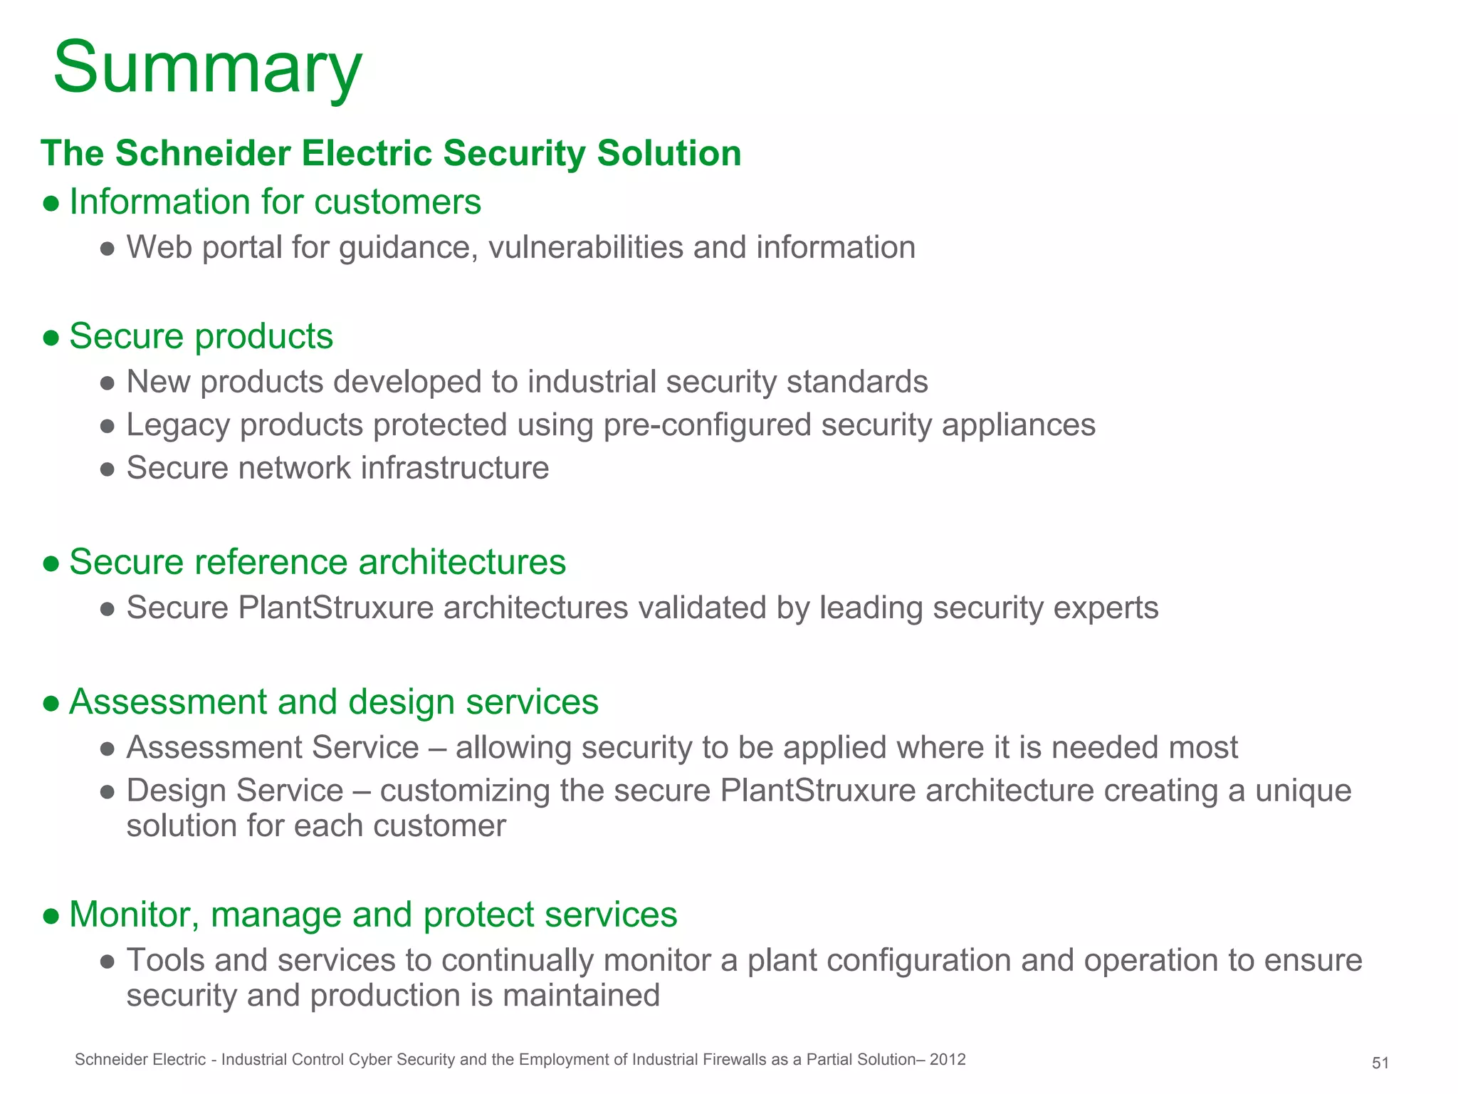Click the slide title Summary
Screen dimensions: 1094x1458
tap(207, 68)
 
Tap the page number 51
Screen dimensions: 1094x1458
tap(1380, 1063)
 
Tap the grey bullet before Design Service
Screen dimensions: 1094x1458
tap(107, 792)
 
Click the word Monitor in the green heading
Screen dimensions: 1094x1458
tap(134, 915)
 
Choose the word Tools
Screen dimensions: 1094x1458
tap(166, 960)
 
